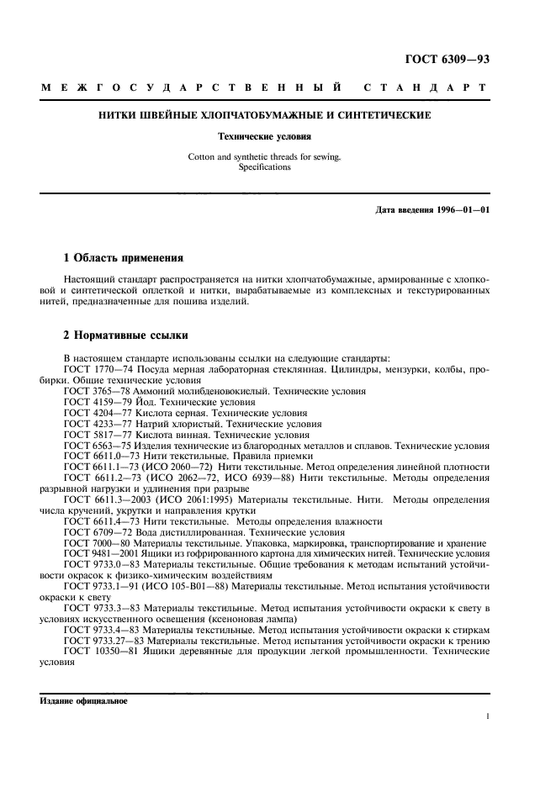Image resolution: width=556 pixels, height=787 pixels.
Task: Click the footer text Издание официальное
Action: (x=82, y=699)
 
